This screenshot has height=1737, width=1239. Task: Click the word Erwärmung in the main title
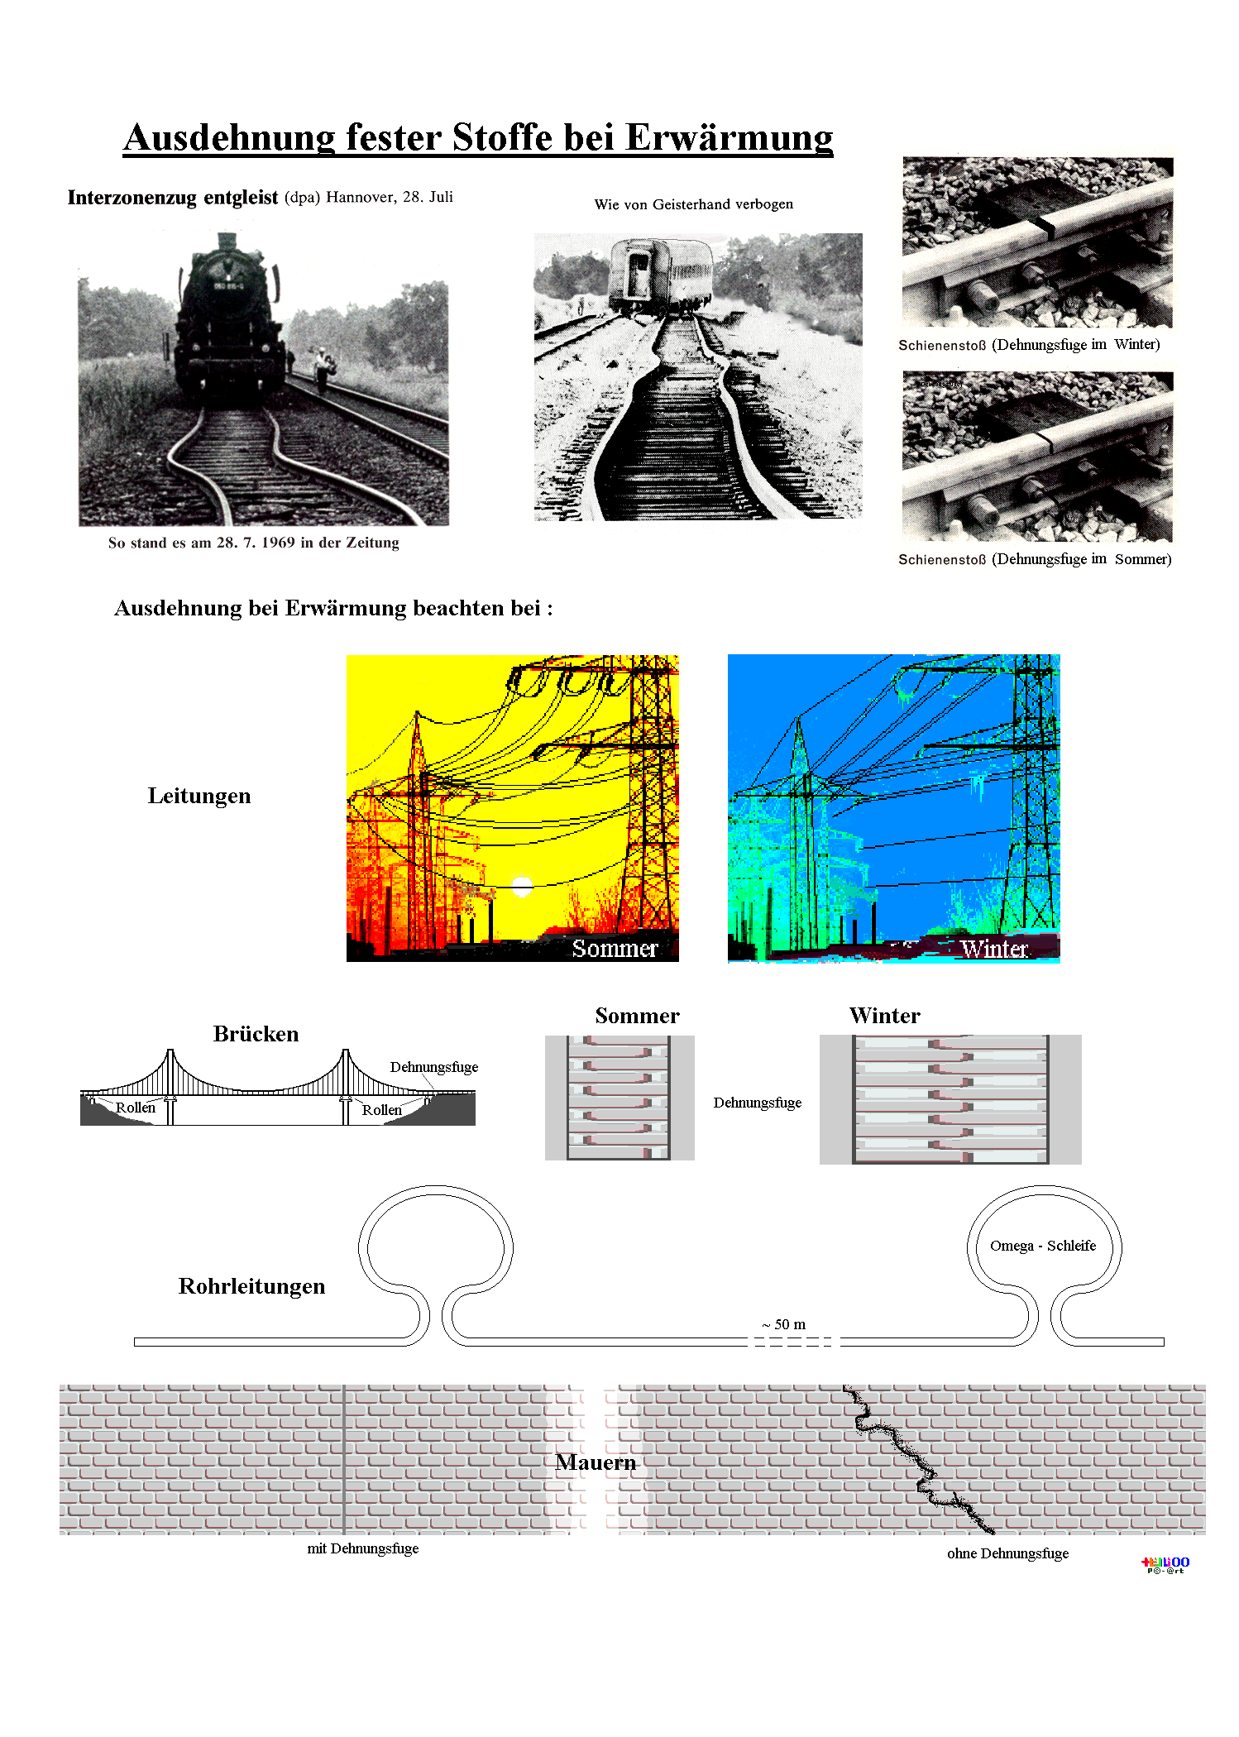point(729,137)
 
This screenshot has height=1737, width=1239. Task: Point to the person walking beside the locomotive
point(321,369)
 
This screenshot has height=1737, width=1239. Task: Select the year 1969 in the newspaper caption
point(278,543)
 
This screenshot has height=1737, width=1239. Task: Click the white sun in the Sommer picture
point(522,887)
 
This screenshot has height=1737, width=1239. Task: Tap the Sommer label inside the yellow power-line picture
point(615,948)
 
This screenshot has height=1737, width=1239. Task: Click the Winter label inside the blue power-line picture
point(993,949)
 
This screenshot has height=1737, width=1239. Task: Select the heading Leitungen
point(199,796)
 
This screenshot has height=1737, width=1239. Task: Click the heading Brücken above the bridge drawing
point(256,1034)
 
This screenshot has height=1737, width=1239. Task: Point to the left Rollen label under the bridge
point(136,1108)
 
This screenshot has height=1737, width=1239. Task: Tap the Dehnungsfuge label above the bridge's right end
point(433,1067)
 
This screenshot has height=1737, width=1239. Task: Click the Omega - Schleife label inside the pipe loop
point(1042,1246)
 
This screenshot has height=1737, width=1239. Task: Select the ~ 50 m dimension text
point(783,1324)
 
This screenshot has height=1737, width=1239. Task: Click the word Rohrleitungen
point(251,1286)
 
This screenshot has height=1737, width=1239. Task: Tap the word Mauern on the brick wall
point(596,1462)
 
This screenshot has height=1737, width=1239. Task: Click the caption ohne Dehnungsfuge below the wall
point(1007,1553)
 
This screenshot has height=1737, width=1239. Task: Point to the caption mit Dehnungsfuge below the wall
point(362,1548)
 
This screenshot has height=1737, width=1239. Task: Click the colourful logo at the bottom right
point(1165,1564)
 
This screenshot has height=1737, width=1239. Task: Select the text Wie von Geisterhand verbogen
point(693,204)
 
